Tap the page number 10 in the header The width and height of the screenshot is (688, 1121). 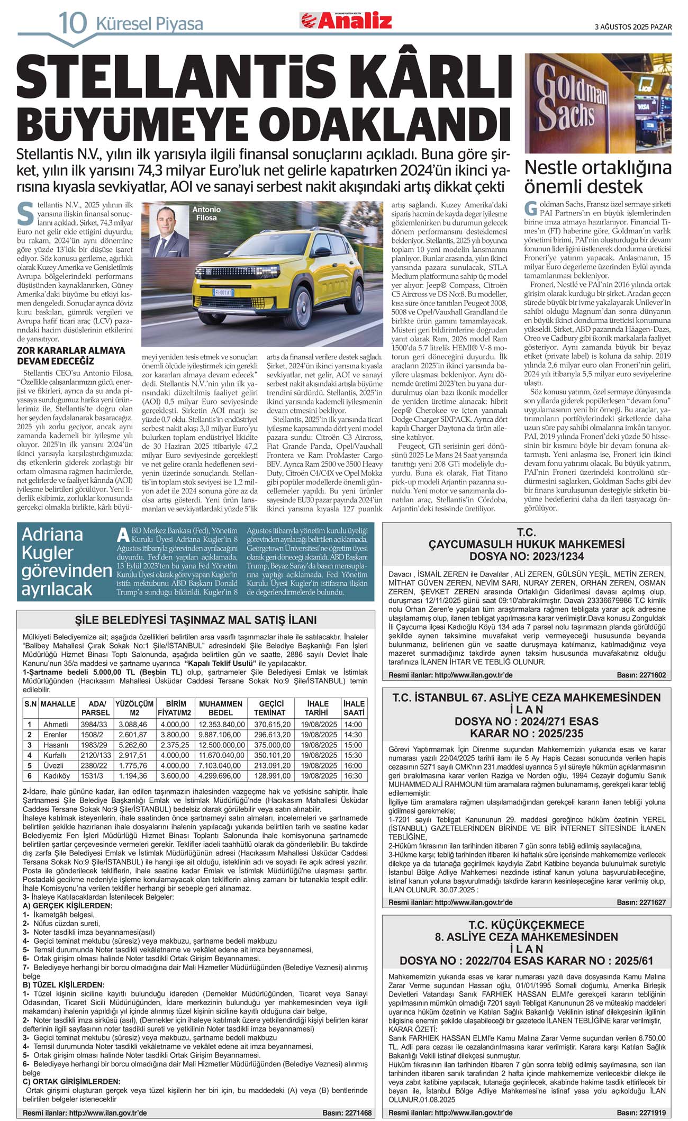73,23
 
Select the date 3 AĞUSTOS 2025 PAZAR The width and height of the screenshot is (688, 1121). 633,27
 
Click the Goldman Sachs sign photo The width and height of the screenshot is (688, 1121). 598,103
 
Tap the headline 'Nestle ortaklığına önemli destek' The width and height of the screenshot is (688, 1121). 598,177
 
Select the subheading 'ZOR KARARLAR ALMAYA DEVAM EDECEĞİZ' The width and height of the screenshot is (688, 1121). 71,355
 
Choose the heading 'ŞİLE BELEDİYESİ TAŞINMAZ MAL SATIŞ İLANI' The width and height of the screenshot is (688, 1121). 195,620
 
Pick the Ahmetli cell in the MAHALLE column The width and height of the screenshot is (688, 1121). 56,724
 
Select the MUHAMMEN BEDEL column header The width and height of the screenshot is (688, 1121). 221,708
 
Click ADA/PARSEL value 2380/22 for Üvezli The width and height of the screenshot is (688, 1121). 94,765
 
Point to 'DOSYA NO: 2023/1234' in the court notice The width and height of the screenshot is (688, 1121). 526,556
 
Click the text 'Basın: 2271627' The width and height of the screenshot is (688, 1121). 641,902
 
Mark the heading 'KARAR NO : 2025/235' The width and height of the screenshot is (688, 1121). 526,733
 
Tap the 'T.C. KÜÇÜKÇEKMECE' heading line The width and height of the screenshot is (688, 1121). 526,925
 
